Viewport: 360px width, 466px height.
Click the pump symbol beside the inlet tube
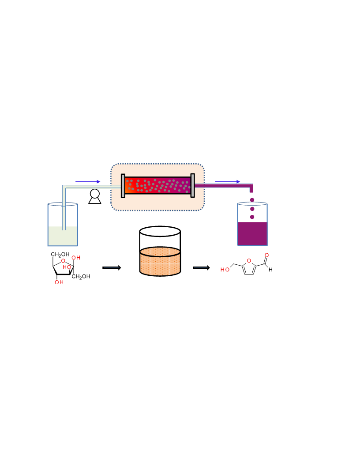[95, 197]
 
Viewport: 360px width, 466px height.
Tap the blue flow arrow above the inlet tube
[88, 181]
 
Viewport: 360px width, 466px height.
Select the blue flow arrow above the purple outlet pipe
[228, 181]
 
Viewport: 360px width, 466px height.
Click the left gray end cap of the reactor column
[123, 186]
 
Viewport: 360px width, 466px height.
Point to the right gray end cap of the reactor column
[192, 185]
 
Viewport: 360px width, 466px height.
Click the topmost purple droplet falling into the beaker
[252, 200]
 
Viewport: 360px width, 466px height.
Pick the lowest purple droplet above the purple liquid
[252, 217]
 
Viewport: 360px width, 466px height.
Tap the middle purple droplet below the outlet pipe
[252, 209]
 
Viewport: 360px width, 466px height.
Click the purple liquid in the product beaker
[252, 233]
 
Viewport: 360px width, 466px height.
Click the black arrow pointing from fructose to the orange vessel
[112, 268]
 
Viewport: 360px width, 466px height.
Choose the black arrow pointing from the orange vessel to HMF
[201, 268]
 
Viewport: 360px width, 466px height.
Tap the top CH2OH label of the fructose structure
[60, 254]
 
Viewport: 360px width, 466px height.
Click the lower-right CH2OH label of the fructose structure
[81, 276]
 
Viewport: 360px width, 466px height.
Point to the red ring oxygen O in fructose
[63, 261]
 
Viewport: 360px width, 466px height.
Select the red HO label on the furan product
[225, 270]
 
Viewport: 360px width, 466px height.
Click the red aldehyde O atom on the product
[267, 256]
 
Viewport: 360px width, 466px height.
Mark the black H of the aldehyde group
[270, 270]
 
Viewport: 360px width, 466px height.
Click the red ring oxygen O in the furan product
[249, 261]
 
